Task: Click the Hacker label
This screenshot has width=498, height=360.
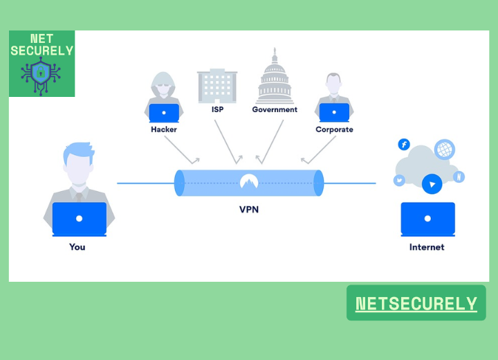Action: point(164,129)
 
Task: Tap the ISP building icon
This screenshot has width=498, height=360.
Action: point(217,85)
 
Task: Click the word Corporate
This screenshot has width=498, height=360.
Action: point(334,129)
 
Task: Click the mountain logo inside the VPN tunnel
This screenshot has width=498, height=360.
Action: point(249,182)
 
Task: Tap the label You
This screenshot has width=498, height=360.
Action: point(77,246)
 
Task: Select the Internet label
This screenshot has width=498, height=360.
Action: point(427,246)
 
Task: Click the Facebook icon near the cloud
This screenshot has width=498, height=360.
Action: point(404,144)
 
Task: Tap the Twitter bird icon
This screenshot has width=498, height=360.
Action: point(399,181)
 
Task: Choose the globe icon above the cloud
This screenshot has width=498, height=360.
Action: point(444,149)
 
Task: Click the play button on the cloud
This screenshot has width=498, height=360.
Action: point(432,184)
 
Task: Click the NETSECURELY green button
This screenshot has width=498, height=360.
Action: point(416,303)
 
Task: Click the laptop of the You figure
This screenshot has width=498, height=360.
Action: point(79,219)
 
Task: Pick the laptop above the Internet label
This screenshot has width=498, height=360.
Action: point(428,219)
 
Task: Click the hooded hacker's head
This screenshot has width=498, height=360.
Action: point(165,84)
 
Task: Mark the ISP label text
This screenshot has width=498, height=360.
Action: point(217,109)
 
